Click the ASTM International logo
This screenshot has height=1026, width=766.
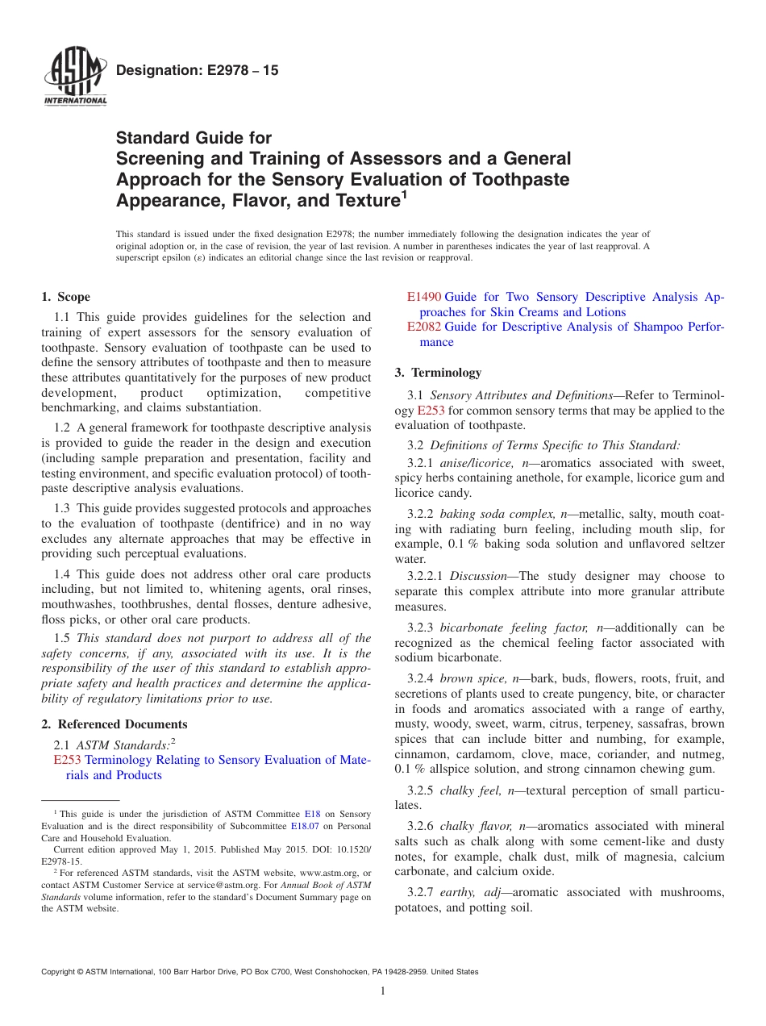tap(75, 77)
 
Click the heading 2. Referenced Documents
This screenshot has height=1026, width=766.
tap(114, 724)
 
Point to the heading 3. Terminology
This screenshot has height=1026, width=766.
tap(438, 373)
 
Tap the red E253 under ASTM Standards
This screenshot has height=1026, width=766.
tap(67, 760)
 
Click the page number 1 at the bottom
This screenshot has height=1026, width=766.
tap(383, 991)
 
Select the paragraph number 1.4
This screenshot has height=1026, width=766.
tap(62, 574)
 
